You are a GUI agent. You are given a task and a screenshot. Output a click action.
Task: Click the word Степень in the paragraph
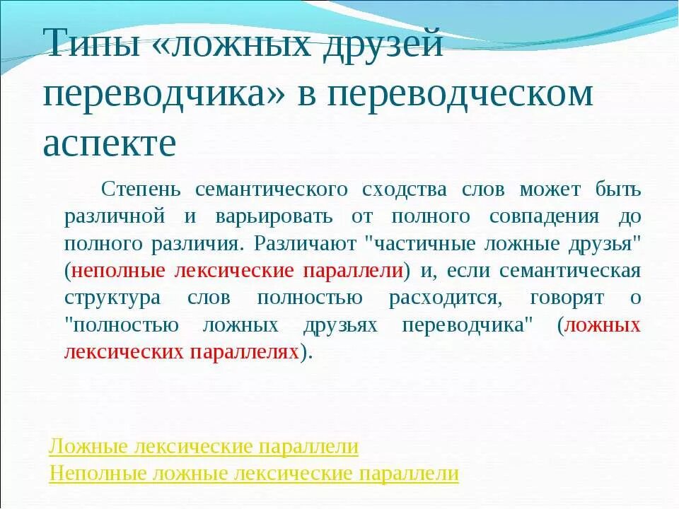141,189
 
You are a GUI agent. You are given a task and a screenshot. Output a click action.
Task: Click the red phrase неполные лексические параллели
237,270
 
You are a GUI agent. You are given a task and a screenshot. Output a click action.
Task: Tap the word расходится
443,298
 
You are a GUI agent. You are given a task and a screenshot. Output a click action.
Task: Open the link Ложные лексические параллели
204,447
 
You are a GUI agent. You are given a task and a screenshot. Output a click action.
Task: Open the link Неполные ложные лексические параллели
254,473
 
